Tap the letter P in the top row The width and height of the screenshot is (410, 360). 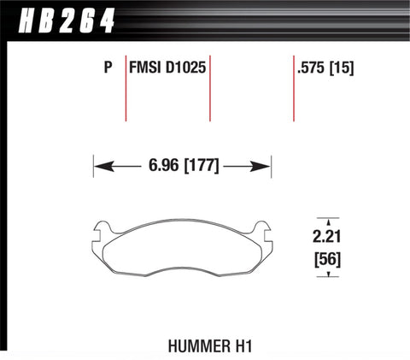107,65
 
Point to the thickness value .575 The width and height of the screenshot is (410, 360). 307,65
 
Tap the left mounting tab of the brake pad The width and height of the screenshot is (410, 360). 102,229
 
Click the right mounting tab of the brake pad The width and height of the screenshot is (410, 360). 262,229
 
